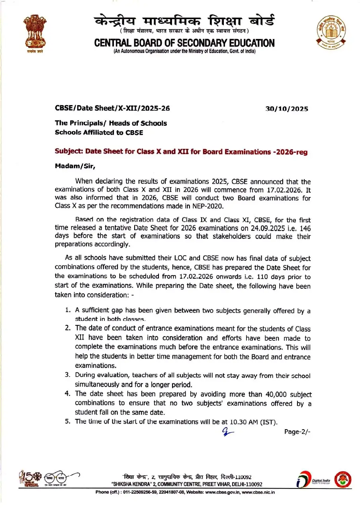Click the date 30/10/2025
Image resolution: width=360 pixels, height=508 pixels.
(287, 109)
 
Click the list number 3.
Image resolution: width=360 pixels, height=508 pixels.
(68, 375)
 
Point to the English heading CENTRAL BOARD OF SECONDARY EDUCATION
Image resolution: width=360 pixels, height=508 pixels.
(184, 43)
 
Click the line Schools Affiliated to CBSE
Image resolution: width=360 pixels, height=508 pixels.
(99, 133)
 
